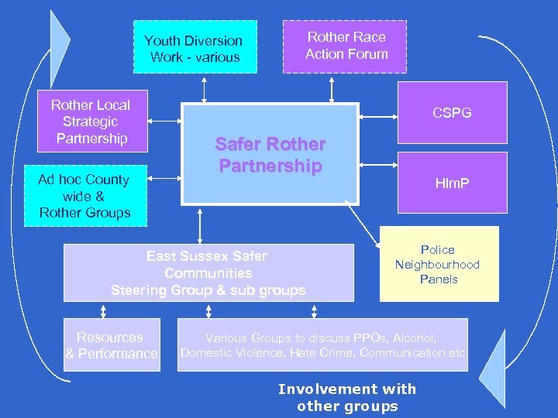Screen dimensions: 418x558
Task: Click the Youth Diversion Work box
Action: coord(195,48)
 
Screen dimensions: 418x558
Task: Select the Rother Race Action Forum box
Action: coord(346,46)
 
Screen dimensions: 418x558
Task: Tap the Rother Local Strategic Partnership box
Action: coord(91,122)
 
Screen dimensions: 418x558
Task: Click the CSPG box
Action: coord(452,113)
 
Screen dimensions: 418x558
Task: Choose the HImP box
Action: coord(452,183)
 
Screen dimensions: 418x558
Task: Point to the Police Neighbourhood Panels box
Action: coord(438,264)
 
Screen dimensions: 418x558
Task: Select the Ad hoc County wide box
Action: coord(85,196)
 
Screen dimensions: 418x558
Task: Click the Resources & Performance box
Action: coord(112,345)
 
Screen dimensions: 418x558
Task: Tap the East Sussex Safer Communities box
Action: coord(208,273)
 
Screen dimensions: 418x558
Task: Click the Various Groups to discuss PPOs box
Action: coord(322,345)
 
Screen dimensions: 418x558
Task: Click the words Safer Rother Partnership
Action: coord(270,155)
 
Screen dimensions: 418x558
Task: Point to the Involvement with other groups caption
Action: coord(346,397)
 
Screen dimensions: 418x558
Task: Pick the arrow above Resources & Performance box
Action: coord(103,310)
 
